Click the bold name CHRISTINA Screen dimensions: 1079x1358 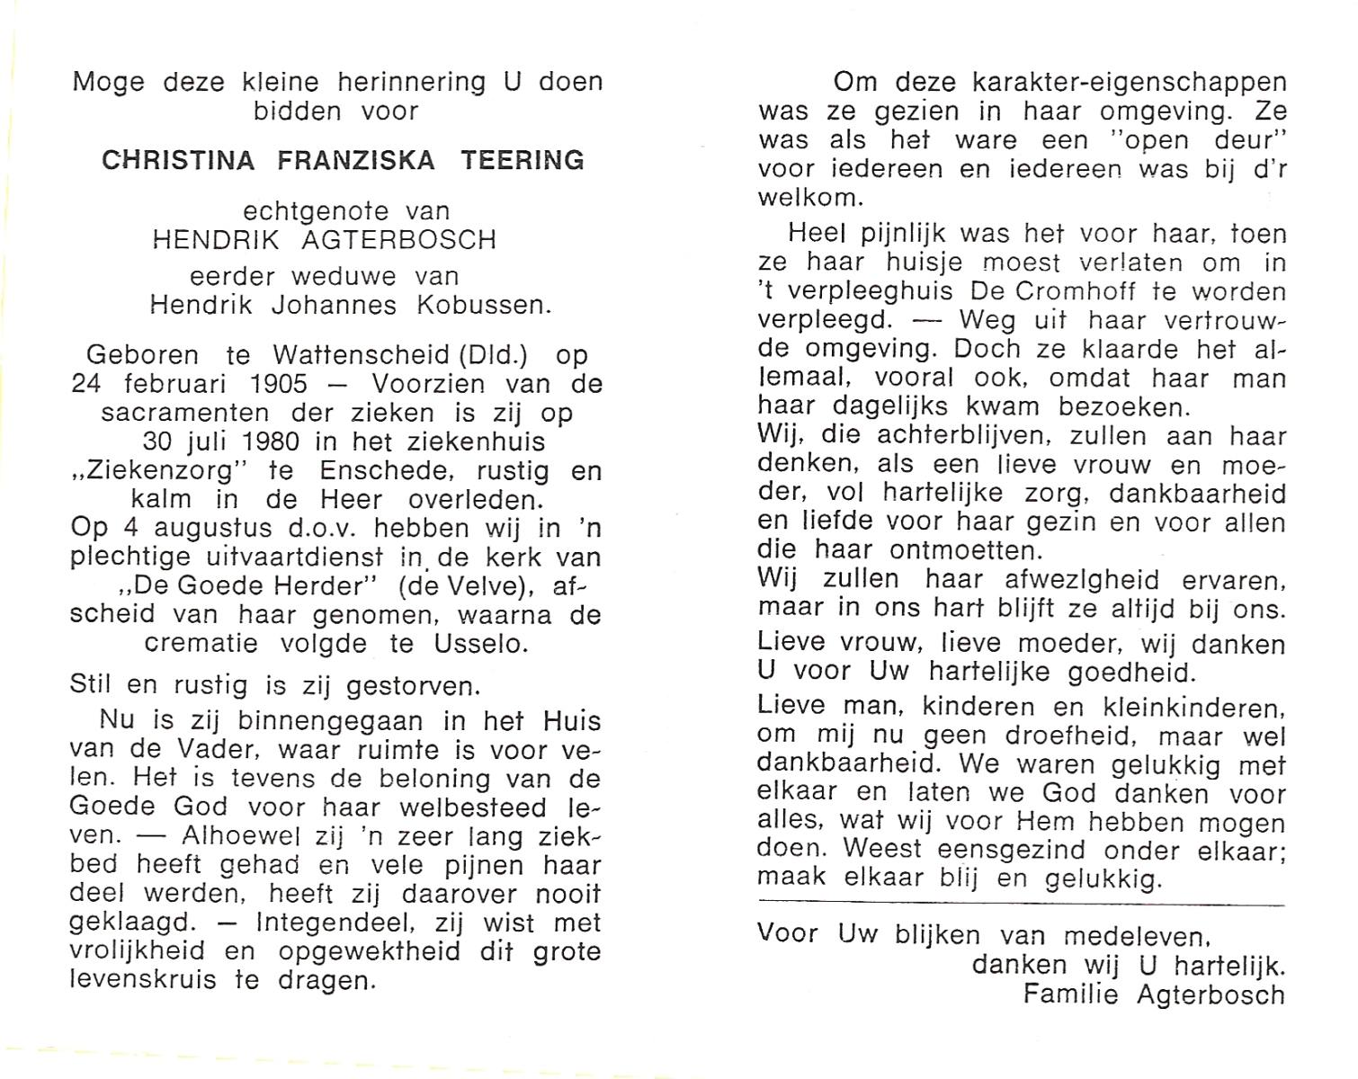[177, 160]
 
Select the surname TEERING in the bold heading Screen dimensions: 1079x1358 [523, 160]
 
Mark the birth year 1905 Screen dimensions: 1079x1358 [279, 384]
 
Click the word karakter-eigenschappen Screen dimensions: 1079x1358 [1130, 83]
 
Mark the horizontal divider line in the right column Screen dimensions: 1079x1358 [1021, 905]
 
